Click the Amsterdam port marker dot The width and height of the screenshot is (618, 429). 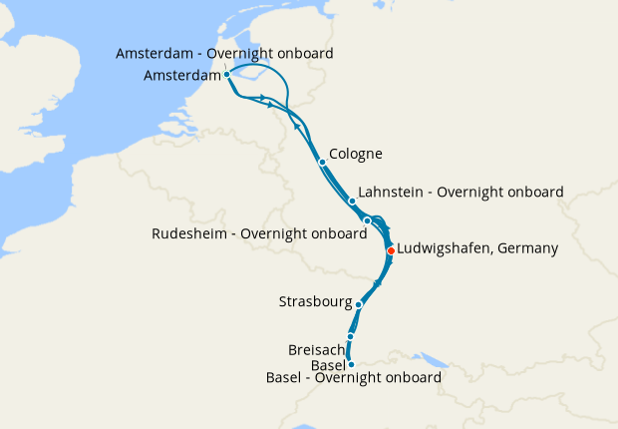(227, 74)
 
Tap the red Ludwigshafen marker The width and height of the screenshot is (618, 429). (391, 250)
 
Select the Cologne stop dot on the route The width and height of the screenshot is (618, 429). (322, 162)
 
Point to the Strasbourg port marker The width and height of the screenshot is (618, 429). (359, 303)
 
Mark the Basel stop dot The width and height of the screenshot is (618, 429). (351, 365)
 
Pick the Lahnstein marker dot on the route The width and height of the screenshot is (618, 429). (352, 201)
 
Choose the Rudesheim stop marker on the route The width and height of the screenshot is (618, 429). (368, 220)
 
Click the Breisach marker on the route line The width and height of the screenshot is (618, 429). (351, 337)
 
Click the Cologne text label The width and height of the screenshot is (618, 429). (356, 154)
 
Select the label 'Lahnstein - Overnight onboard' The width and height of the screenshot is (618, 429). (461, 192)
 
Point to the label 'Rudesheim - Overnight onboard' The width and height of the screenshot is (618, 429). (259, 233)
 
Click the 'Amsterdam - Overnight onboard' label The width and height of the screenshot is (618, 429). (224, 53)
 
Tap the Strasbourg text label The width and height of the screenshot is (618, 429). (316, 300)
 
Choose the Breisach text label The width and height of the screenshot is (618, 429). (316, 350)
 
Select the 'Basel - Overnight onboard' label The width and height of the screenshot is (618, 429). (354, 378)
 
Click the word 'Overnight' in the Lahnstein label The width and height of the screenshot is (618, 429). (472, 192)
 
